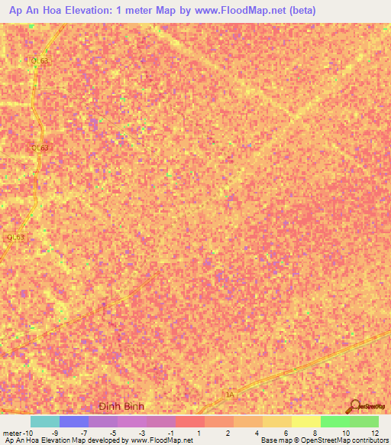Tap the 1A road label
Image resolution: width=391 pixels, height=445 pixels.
pyautogui.click(x=230, y=394)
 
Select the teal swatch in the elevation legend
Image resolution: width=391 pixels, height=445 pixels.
pyautogui.click(x=45, y=421)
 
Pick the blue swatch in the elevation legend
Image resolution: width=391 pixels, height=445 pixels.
pyautogui.click(x=74, y=421)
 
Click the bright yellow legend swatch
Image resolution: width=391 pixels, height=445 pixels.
pyautogui.click(x=305, y=421)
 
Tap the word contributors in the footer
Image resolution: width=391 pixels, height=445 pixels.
pyautogui.click(x=370, y=440)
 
